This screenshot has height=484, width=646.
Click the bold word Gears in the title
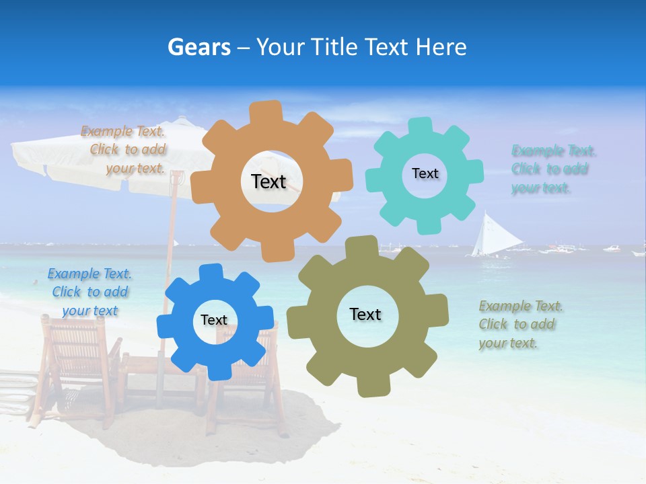point(199,47)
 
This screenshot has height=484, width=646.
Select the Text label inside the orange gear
point(268,182)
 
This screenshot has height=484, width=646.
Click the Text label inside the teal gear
point(425,173)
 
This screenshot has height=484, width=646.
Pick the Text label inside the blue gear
point(214,321)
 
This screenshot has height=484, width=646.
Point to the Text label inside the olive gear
point(365,315)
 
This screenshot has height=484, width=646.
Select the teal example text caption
point(553,169)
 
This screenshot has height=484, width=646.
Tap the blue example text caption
point(89,292)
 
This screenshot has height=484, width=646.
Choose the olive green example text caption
point(520,325)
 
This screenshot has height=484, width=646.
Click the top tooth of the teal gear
point(421,126)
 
